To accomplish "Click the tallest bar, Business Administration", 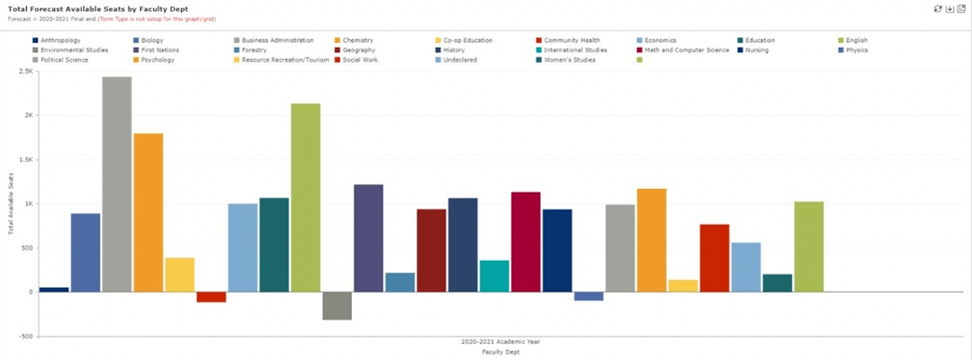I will (x=117, y=184).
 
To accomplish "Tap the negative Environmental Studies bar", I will (x=337, y=306).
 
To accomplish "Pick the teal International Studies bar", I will (x=494, y=276).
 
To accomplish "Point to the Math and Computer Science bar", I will (x=526, y=241).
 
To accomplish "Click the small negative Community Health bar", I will (x=211, y=297).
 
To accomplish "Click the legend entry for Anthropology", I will (x=59, y=40).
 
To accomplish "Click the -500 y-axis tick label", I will (x=24, y=337).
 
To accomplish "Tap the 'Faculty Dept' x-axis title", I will (x=499, y=352).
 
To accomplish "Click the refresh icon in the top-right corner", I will (x=939, y=9).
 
